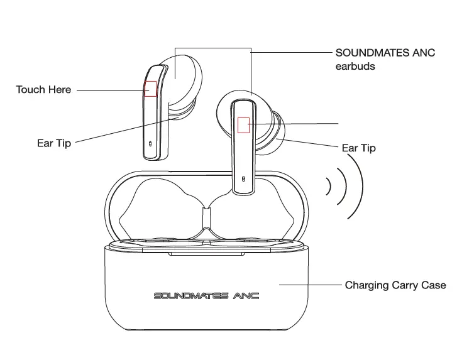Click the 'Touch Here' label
[43, 90]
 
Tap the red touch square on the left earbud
[151, 89]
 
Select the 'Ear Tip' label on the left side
[54, 143]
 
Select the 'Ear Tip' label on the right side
[358, 148]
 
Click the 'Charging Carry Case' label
[395, 285]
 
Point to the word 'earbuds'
[355, 66]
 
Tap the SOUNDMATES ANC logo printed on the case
[206, 295]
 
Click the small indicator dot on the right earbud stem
[243, 179]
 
